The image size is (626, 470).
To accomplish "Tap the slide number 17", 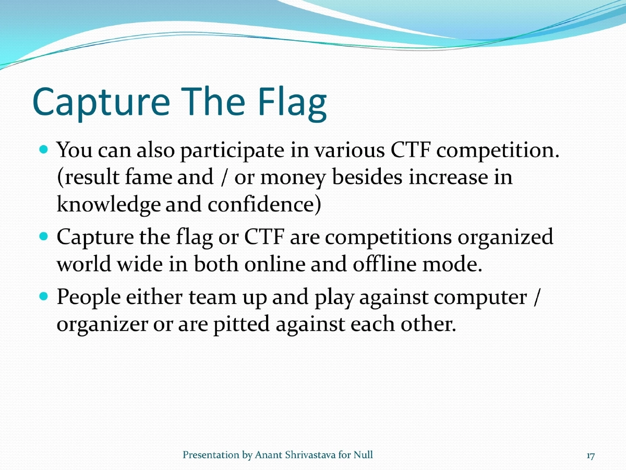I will point(590,456).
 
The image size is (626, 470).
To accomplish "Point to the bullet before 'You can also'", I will point(44,149).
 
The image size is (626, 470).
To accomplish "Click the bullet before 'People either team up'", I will point(44,297).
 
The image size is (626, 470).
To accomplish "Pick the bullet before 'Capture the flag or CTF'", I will point(44,236).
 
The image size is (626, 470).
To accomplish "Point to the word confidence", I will point(263,205).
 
